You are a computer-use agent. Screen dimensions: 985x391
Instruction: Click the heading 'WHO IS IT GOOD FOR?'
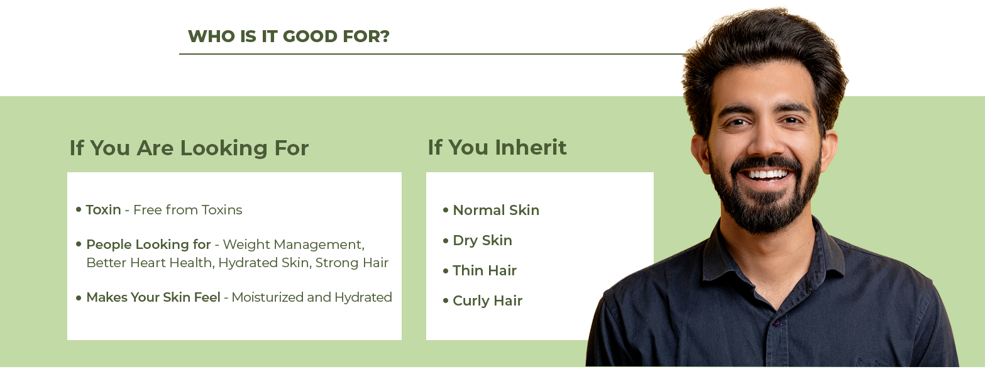pyautogui.click(x=289, y=36)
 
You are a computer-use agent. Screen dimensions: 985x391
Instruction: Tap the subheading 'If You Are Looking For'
pyautogui.click(x=189, y=148)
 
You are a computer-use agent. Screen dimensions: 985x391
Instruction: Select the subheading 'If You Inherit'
pyautogui.click(x=497, y=147)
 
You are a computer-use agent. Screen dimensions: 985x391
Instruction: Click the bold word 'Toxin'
pyautogui.click(x=103, y=210)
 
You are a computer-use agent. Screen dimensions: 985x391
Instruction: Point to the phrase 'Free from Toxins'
pyautogui.click(x=188, y=210)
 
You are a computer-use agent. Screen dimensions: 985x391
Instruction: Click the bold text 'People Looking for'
pyautogui.click(x=148, y=244)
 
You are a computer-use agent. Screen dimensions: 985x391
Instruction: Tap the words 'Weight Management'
pyautogui.click(x=292, y=245)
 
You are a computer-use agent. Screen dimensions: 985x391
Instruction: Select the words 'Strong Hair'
pyautogui.click(x=352, y=263)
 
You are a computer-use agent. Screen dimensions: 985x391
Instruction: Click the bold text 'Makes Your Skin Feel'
pyautogui.click(x=153, y=297)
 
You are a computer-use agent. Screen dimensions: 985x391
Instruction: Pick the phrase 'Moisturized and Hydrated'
pyautogui.click(x=312, y=297)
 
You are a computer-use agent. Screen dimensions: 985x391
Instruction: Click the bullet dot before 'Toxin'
pyautogui.click(x=79, y=209)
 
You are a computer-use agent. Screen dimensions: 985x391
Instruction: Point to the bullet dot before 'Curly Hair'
pyautogui.click(x=446, y=301)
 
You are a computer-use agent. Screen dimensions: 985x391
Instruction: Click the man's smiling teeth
pyautogui.click(x=768, y=175)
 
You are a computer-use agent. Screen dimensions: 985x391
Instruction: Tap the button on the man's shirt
pyautogui.click(x=776, y=323)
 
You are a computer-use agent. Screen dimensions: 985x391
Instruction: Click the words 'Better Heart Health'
pyautogui.click(x=150, y=263)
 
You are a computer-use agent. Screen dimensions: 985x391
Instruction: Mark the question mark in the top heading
pyautogui.click(x=385, y=36)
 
